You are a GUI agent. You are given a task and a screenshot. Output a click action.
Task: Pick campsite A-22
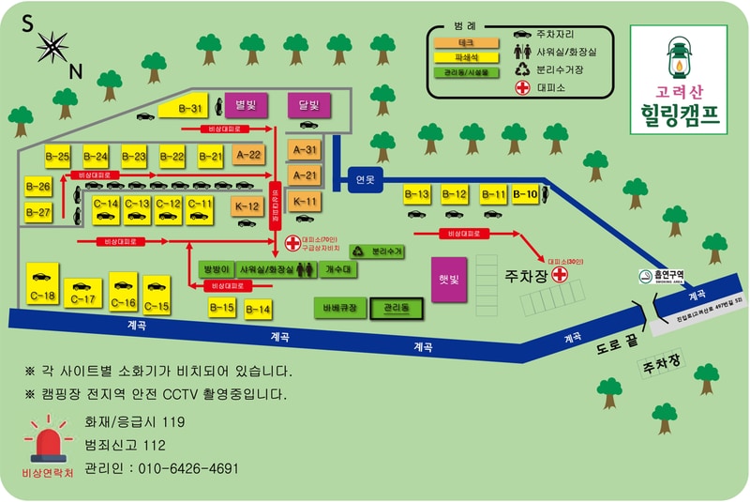248,154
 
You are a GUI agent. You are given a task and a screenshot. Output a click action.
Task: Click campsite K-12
247,205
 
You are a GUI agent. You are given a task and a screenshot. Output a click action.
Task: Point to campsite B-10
526,194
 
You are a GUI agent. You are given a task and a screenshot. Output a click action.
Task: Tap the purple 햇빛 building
448,279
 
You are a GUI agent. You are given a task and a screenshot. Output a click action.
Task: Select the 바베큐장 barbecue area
339,307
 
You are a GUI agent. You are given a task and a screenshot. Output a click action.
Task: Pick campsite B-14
258,309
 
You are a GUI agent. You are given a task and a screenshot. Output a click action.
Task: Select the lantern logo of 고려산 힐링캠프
677,58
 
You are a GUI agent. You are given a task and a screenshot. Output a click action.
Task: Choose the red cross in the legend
522,88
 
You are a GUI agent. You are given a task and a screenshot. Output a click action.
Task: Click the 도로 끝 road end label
618,345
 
